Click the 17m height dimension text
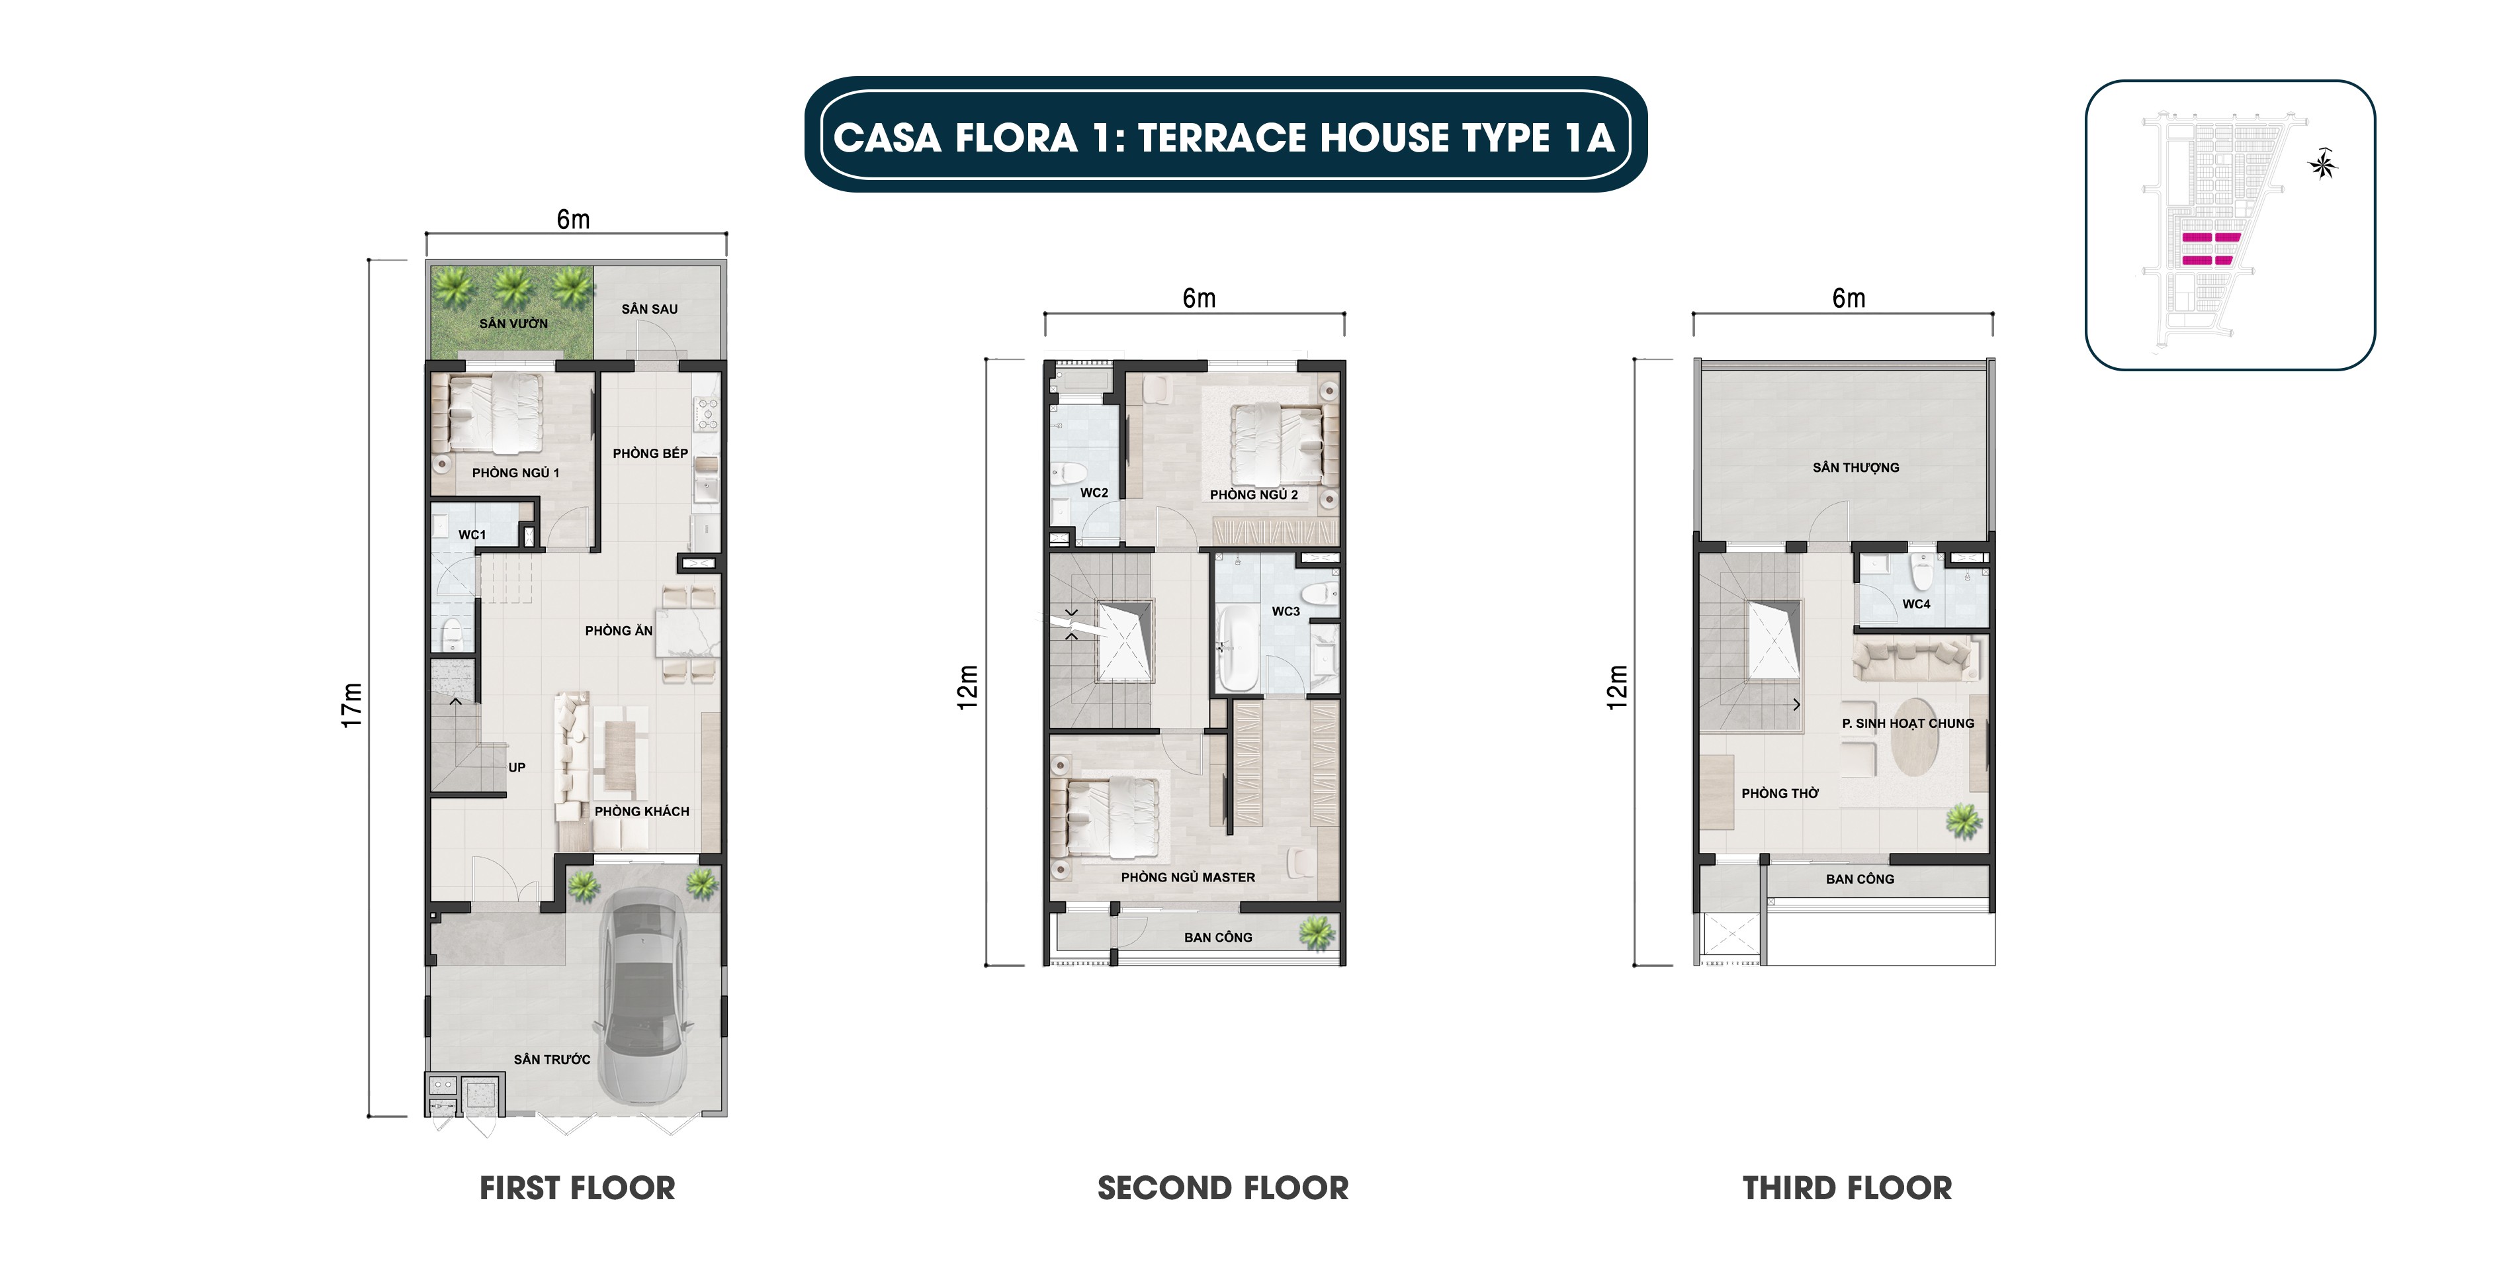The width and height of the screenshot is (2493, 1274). (x=351, y=705)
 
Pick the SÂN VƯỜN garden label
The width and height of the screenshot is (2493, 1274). (x=513, y=324)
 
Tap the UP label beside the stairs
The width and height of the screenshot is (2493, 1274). (x=517, y=767)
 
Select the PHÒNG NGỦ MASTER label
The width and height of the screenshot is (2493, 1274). (x=1188, y=877)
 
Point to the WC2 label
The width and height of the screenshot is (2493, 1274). (x=1094, y=493)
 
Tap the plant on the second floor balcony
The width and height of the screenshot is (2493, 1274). (x=1316, y=933)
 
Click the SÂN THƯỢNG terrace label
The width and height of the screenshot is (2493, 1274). (x=1855, y=468)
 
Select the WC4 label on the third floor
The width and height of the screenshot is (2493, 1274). (x=1915, y=604)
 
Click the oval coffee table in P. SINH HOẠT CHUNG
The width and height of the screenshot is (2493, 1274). (x=1913, y=738)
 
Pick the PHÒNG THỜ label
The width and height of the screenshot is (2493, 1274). (x=1780, y=793)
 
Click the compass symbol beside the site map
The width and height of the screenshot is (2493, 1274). (x=2323, y=165)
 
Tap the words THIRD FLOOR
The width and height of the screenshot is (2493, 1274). (x=1847, y=1188)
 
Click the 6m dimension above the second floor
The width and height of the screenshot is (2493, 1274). (x=1198, y=298)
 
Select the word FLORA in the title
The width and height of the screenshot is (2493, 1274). (x=1016, y=138)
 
